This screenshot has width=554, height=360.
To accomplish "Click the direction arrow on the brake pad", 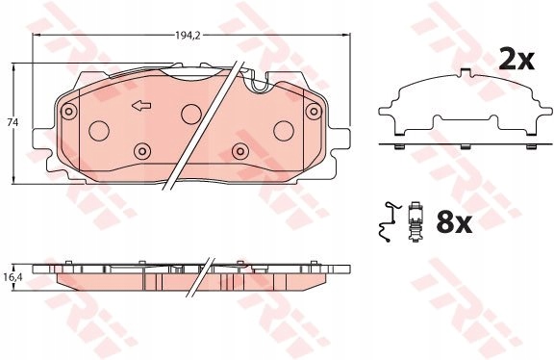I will (141, 106).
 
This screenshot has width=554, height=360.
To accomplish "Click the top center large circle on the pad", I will (190, 112).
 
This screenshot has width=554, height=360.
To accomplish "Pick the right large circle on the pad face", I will (284, 131).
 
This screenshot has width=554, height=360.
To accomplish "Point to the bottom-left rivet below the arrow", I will (141, 150).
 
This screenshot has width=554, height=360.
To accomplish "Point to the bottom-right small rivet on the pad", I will (239, 150).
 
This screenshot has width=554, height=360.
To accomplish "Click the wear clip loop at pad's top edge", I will (257, 86).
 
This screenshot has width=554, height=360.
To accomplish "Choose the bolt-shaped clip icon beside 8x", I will (415, 223).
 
